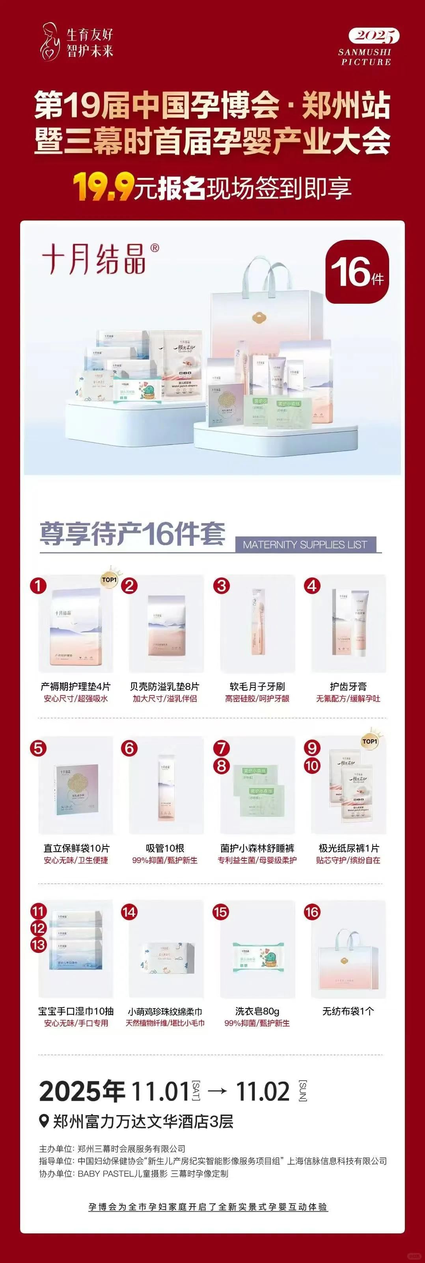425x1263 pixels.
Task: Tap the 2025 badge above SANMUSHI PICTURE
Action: [x=373, y=35]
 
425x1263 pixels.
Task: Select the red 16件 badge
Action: [x=357, y=272]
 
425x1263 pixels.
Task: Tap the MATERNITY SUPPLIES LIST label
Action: [x=305, y=545]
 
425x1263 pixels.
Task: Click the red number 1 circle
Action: [x=38, y=586]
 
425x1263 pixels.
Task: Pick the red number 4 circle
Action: [x=312, y=586]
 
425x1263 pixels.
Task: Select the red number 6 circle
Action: [x=129, y=749]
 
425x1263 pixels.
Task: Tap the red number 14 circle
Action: [x=129, y=912]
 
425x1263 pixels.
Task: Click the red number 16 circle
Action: [x=312, y=912]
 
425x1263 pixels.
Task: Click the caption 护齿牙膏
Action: [x=348, y=686]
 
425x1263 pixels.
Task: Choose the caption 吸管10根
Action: [x=165, y=848]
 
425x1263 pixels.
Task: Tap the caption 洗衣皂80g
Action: [x=257, y=1011]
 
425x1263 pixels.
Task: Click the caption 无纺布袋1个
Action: [x=348, y=1011]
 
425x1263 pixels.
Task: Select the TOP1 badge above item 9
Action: [x=369, y=741]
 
